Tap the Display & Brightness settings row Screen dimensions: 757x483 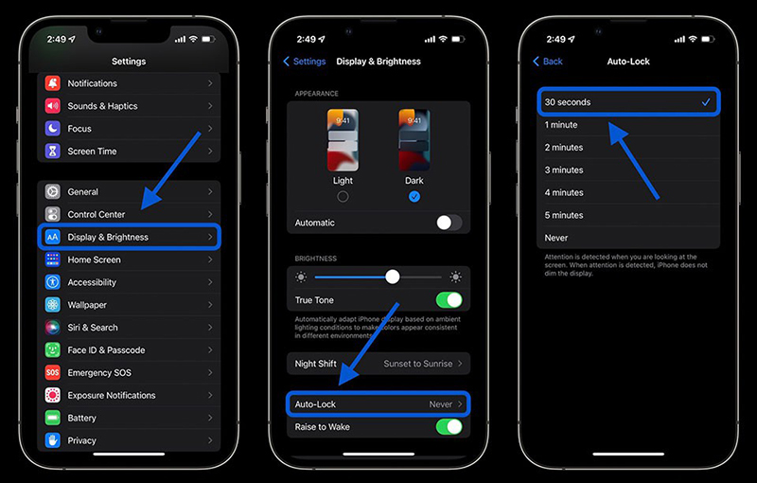(x=129, y=237)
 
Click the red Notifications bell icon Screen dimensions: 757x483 (x=53, y=83)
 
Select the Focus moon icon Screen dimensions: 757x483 (x=53, y=129)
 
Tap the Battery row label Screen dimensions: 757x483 (x=81, y=418)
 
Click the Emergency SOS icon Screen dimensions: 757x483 (x=53, y=372)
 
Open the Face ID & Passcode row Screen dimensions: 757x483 (x=129, y=350)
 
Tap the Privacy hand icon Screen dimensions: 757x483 (x=53, y=440)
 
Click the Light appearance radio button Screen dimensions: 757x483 (x=343, y=197)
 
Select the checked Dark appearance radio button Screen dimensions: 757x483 (x=414, y=197)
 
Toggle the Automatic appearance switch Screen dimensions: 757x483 (x=449, y=223)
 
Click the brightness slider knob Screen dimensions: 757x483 (x=393, y=277)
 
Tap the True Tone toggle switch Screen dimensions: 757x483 (x=449, y=300)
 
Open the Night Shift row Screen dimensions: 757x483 (x=378, y=364)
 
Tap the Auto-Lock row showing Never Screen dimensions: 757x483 (x=378, y=404)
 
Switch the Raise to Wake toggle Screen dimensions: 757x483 (x=449, y=427)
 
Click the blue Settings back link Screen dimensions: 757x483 (x=304, y=62)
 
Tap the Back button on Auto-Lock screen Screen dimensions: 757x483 (x=548, y=62)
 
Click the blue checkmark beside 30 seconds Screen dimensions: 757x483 (x=706, y=102)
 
